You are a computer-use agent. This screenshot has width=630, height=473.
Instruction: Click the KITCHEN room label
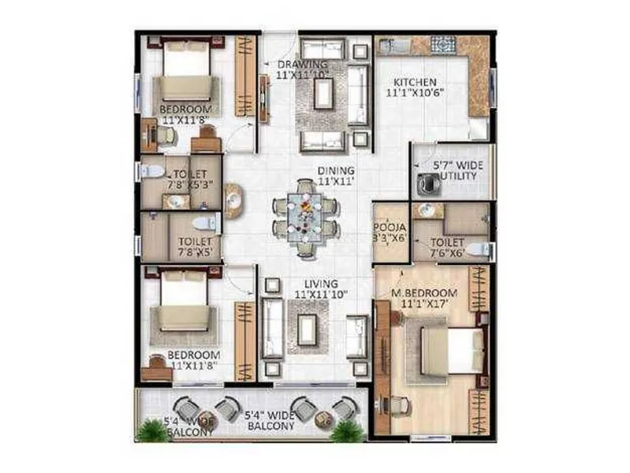pos(416,82)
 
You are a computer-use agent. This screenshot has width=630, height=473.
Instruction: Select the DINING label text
pos(336,170)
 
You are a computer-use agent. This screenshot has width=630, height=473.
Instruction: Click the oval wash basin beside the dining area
pos(233,199)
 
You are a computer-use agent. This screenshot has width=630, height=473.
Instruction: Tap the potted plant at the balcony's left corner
pos(149,430)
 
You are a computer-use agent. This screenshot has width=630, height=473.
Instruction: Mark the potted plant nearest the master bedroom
pos(347,430)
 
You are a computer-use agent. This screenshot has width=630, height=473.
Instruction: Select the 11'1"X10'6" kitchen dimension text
pos(416,92)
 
